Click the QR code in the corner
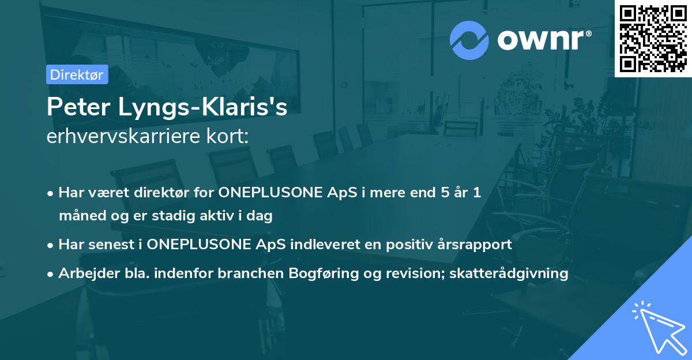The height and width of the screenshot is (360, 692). (653, 38)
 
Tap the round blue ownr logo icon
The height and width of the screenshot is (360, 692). (469, 40)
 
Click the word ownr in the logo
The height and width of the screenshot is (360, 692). (540, 40)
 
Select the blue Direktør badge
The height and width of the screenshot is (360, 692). (77, 74)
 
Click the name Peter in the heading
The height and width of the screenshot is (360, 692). (78, 107)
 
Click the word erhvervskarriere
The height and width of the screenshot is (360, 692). (123, 136)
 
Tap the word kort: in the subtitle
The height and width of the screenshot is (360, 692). (227, 136)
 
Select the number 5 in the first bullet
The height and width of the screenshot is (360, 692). (445, 192)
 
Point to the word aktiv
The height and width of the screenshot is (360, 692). (217, 215)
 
